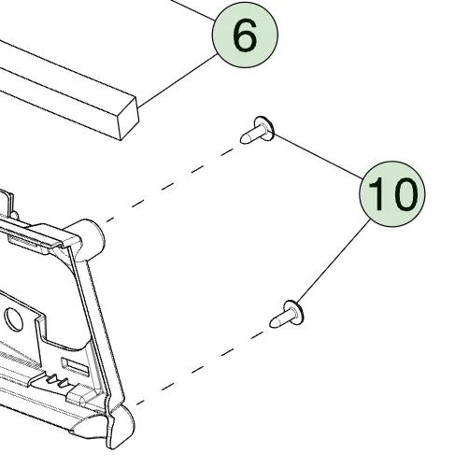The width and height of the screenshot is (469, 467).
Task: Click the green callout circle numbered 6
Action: coord(245,35)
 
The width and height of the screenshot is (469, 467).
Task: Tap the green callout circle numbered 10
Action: coord(392,193)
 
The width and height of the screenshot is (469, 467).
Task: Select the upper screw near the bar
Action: coord(257,131)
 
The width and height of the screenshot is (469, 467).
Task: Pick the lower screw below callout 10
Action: coord(287,315)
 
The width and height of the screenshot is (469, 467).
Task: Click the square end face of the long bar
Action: coord(129,120)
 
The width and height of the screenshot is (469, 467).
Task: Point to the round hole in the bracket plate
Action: coord(13,319)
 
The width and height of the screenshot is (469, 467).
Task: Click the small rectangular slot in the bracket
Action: coord(75,366)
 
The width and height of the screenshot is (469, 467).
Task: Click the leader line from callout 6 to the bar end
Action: coord(178,80)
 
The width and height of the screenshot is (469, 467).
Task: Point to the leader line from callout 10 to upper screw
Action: coord(319,157)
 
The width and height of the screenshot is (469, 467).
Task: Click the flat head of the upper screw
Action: coord(264,128)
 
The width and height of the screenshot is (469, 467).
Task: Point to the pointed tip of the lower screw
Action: coord(273,323)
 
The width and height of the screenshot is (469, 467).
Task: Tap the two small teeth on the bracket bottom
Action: coord(57,380)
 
